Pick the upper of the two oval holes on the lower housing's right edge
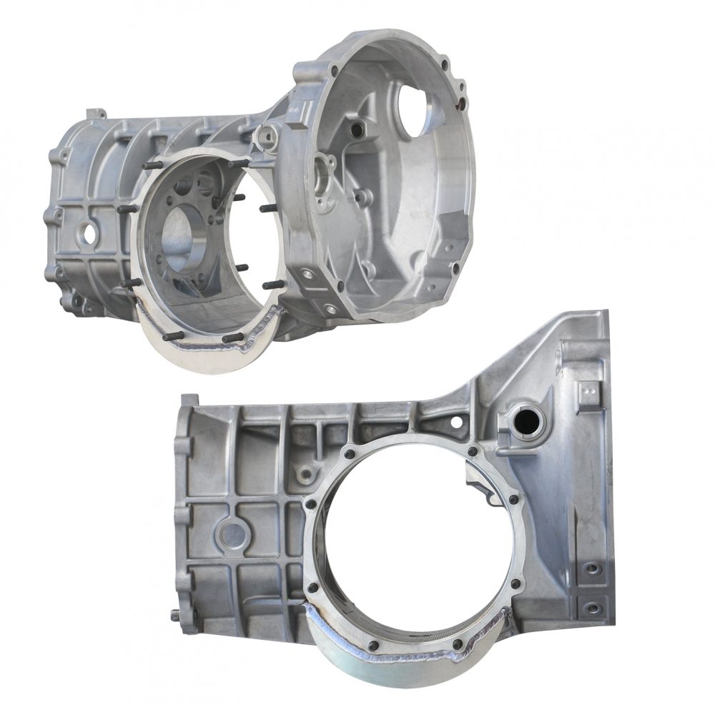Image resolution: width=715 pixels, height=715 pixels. pyautogui.click(x=592, y=571)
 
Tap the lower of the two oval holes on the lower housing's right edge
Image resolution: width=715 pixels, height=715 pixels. pyautogui.click(x=592, y=608)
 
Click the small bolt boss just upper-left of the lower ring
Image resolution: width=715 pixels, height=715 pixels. pyautogui.click(x=307, y=473)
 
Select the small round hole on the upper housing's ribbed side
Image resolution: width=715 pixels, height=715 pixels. pyautogui.click(x=90, y=232)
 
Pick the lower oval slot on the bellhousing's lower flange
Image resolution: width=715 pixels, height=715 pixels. pyautogui.click(x=330, y=308)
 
